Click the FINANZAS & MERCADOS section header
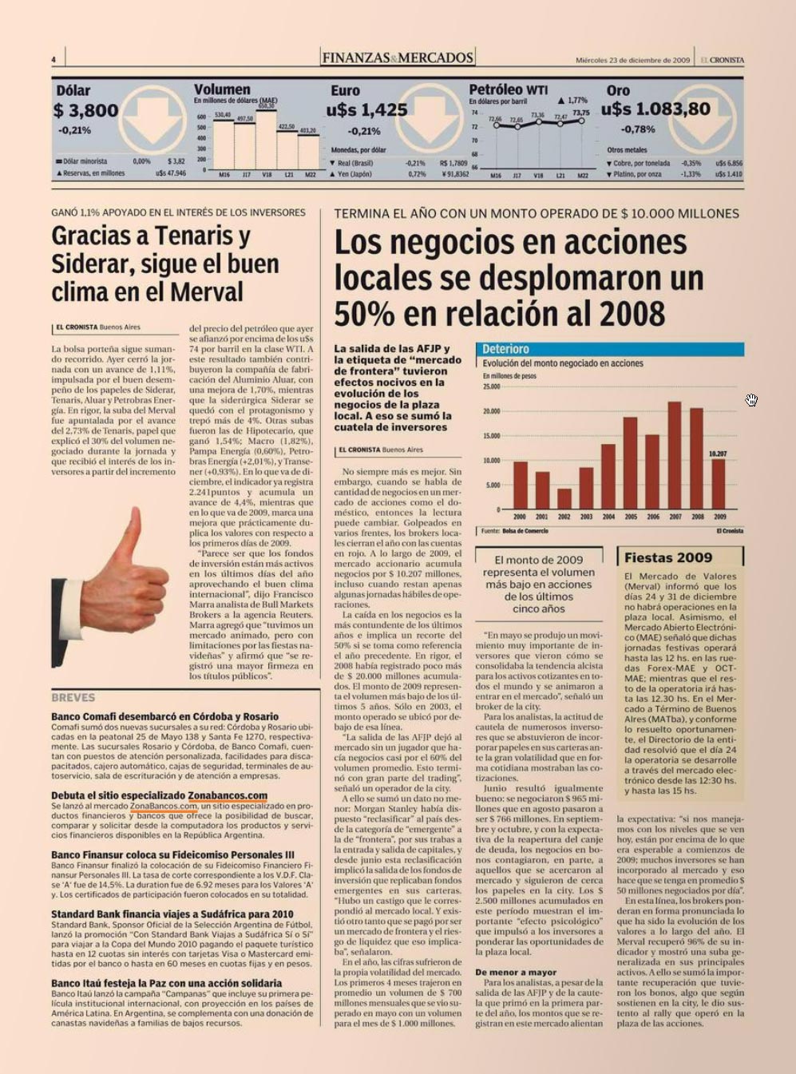398,57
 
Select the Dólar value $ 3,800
86,110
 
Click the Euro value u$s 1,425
366,109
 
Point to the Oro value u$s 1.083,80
655,109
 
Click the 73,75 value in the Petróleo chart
581,113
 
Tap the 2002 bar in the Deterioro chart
564,498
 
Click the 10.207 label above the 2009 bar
718,454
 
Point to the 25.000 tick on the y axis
491,387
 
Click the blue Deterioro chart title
505,349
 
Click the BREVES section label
73,697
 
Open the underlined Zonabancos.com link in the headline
228,795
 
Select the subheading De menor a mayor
516,972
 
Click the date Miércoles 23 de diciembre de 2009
632,60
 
